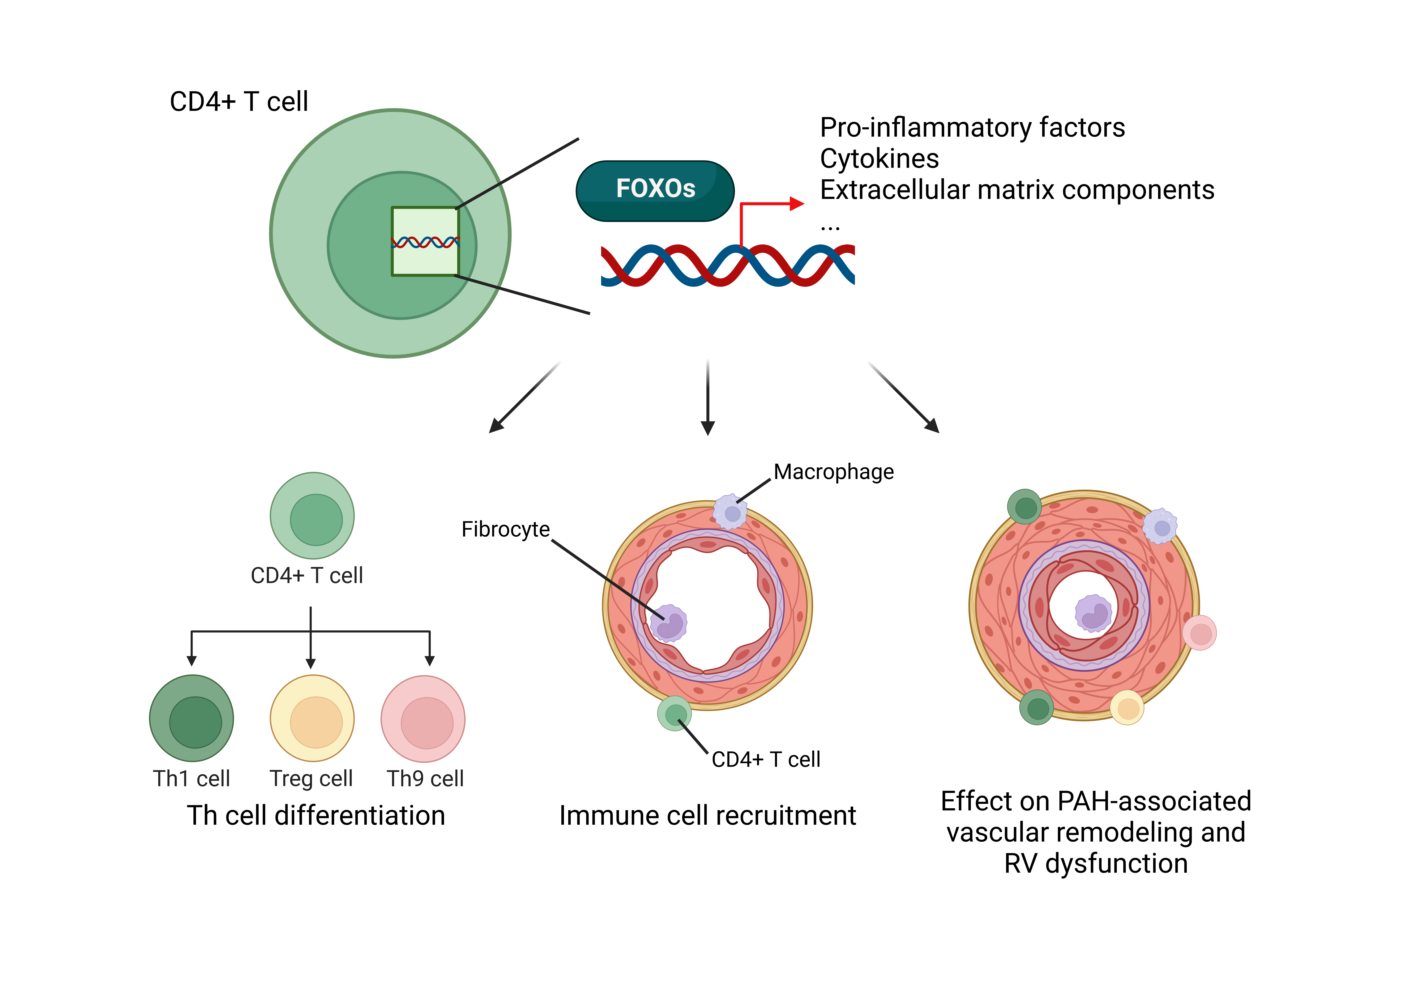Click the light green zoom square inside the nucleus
425,241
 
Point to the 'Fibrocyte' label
505,529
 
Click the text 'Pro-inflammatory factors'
972,128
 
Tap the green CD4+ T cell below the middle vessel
674,714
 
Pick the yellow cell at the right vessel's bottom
1127,707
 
